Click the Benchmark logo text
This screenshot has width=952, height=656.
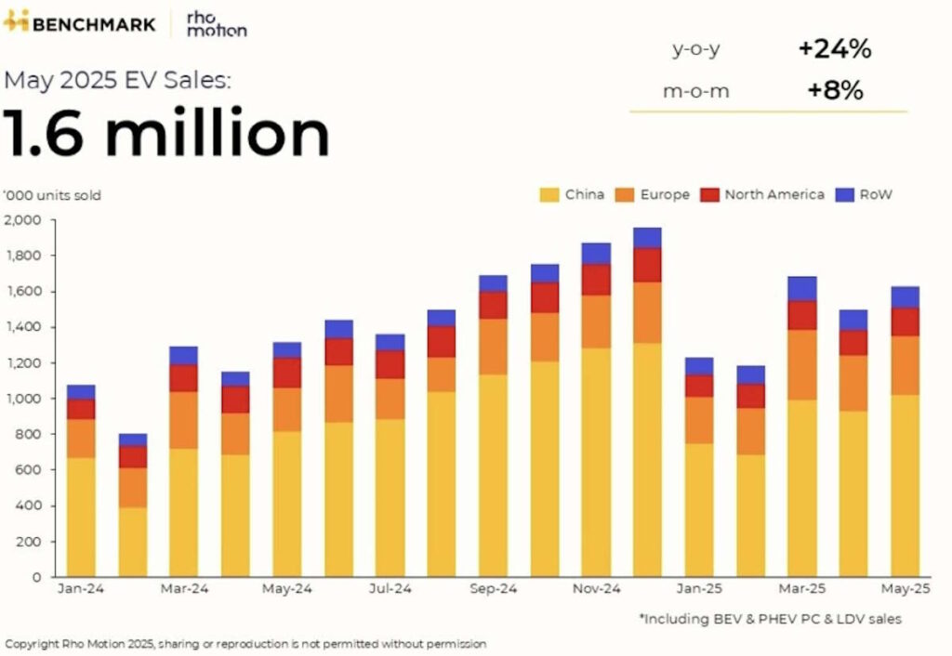pyautogui.click(x=93, y=22)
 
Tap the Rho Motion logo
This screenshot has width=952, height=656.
pyautogui.click(x=216, y=23)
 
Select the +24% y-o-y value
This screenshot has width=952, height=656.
pyautogui.click(x=834, y=49)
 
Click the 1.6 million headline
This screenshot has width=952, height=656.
pyautogui.click(x=167, y=133)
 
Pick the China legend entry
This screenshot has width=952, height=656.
pyautogui.click(x=573, y=195)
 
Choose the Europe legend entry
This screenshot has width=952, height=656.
pyautogui.click(x=653, y=195)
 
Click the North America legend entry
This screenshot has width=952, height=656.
pyautogui.click(x=763, y=195)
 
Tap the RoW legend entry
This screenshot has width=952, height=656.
pyautogui.click(x=865, y=195)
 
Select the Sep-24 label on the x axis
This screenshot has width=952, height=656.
pyautogui.click(x=493, y=588)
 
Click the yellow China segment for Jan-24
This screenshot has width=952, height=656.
pyautogui.click(x=82, y=517)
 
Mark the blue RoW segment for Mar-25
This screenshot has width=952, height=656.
pyautogui.click(x=802, y=289)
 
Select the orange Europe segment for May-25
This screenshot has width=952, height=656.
pyautogui.click(x=906, y=365)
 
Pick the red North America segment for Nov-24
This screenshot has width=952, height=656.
pyautogui.click(x=596, y=280)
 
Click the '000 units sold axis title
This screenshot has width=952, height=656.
pyautogui.click(x=52, y=195)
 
